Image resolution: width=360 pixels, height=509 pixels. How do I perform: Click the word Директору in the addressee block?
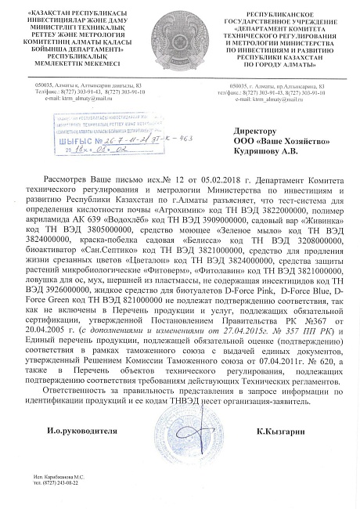[256, 132]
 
